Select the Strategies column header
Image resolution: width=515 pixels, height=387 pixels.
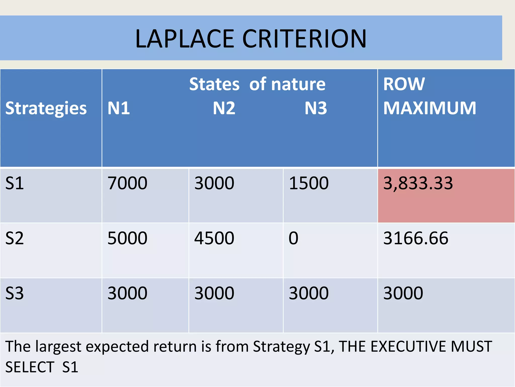coord(46,108)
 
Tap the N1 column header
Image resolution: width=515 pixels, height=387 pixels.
coord(119,108)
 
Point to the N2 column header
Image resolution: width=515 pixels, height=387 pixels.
coord(224,108)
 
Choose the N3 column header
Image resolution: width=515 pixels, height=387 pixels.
coord(316,108)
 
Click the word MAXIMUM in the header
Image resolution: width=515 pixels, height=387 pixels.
coord(430,108)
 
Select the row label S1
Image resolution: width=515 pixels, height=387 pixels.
coord(15,183)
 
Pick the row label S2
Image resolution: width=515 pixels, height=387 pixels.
coord(15,238)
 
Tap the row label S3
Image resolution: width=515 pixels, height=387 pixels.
coord(15,293)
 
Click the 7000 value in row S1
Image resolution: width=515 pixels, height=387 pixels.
coord(127,183)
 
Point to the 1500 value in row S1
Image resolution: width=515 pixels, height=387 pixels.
coord(309,183)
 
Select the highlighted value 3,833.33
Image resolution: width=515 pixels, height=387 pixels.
coord(418,183)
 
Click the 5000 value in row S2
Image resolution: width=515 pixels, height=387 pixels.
coord(127,238)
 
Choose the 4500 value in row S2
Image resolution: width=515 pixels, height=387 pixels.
coord(214,238)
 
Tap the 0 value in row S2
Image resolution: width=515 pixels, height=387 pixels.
coord(293,238)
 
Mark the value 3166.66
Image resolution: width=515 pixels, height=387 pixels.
coord(416,238)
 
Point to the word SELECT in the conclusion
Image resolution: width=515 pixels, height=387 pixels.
coord(30,367)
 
